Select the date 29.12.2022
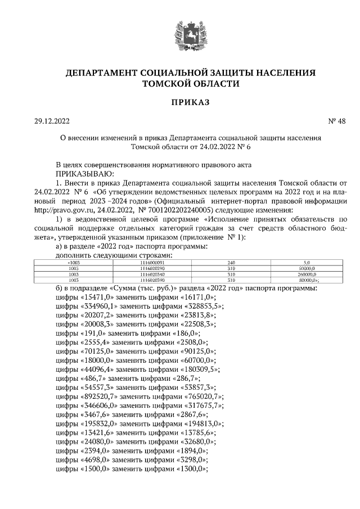click(51, 121)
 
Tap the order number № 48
click(337, 121)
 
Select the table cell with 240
click(230, 263)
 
